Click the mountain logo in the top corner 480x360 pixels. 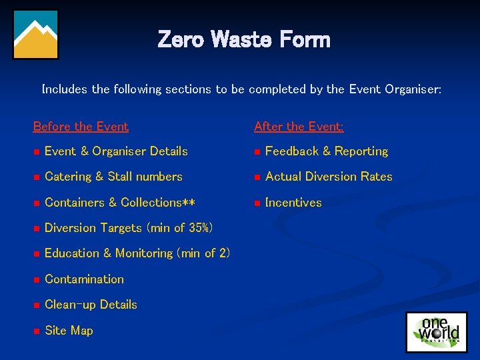tap(35, 34)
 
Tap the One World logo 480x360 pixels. tap(437, 331)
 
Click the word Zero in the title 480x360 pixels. tap(182, 40)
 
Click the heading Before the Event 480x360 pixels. tap(81, 126)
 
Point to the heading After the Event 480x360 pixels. tap(299, 126)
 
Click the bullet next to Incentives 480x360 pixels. tap(257, 203)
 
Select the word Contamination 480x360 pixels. tap(84, 279)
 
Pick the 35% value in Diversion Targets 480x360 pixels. tap(198, 228)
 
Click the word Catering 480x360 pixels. tap(67, 177)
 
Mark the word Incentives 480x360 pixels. tap(293, 203)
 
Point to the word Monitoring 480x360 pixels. tap(143, 253)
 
